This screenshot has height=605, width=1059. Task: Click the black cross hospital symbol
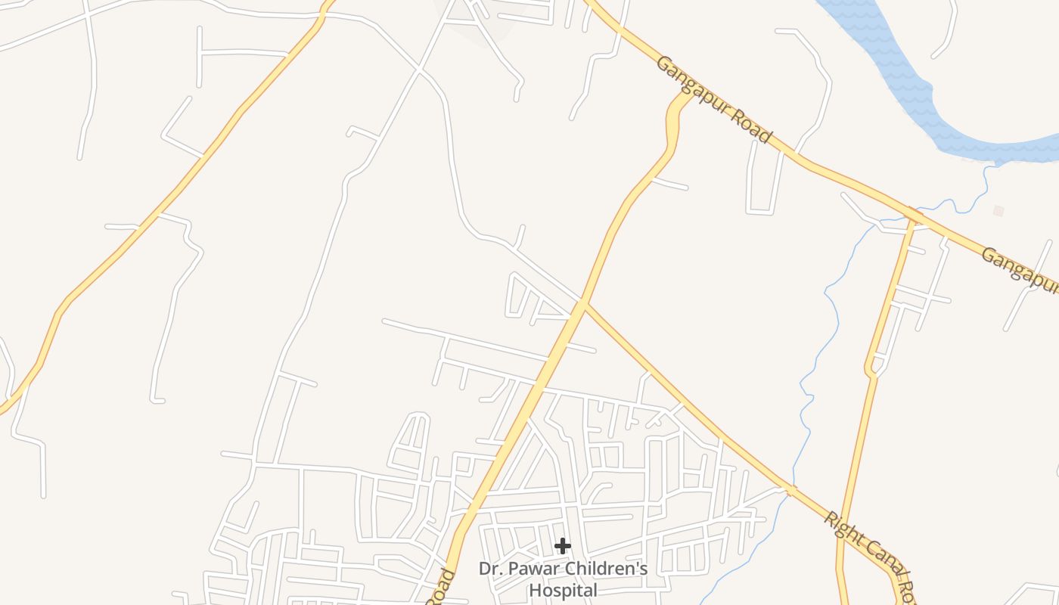[x=562, y=546]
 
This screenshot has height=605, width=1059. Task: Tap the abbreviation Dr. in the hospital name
[x=490, y=568]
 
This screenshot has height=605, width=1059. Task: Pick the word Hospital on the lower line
[x=563, y=590]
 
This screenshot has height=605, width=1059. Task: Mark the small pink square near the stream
[x=998, y=211]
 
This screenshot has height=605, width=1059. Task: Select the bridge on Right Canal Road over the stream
[x=790, y=490]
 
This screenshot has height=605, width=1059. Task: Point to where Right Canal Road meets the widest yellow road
[x=582, y=304]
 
